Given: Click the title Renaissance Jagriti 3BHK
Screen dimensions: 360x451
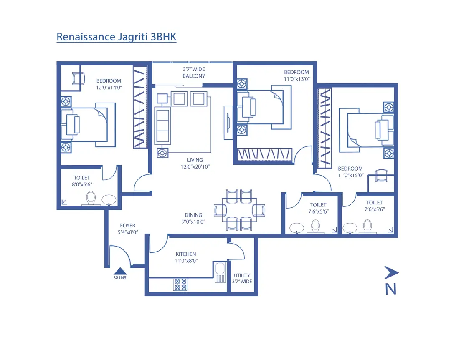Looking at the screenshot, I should point(117,37).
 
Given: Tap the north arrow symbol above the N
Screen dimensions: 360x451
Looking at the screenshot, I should point(391,273).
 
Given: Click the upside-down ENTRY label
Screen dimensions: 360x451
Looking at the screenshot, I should point(120,277).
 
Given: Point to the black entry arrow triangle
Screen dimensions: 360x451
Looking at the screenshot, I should point(120,271).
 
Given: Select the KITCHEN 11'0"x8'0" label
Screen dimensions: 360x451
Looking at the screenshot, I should point(186,257).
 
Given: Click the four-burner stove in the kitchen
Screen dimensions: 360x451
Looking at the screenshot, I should point(180,284).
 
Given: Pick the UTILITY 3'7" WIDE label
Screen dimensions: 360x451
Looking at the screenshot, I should point(242,278).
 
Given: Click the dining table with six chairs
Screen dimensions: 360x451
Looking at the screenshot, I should point(239,210).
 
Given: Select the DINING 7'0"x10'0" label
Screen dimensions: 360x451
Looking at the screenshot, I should point(193,219).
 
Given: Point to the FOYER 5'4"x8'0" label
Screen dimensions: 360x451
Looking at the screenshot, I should point(127,229).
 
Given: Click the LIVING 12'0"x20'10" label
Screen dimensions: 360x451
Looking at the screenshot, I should point(195,163).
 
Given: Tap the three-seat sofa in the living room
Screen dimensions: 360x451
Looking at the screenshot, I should point(162,125).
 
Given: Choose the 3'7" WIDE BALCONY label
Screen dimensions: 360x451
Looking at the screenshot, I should point(194,73).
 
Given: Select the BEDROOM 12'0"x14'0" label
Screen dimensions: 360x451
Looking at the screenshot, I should point(109,84).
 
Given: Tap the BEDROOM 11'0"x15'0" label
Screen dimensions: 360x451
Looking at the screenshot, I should point(351,172).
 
